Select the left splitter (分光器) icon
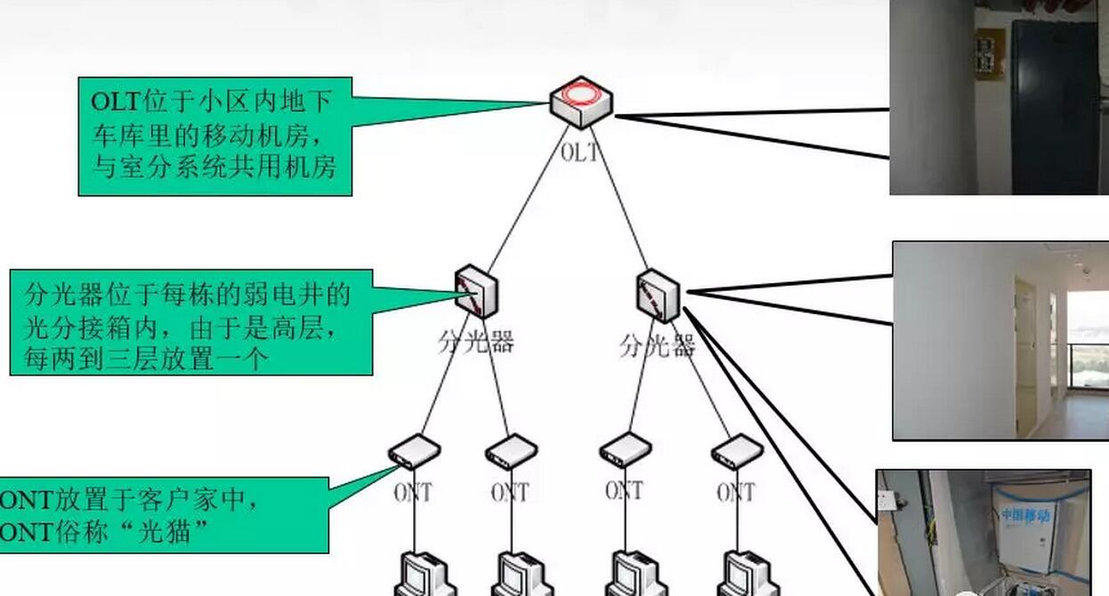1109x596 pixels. [475, 291]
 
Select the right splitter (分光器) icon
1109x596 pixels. [659, 295]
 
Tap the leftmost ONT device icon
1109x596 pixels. [414, 451]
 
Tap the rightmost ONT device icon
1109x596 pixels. [737, 451]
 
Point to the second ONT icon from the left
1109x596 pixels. [511, 451]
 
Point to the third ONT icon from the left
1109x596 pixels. [625, 450]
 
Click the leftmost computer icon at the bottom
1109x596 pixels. [425, 574]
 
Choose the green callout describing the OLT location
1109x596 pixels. [215, 136]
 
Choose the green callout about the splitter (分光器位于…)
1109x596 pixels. [190, 322]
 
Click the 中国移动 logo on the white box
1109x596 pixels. [1024, 515]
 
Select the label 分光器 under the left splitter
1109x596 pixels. [476, 342]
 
